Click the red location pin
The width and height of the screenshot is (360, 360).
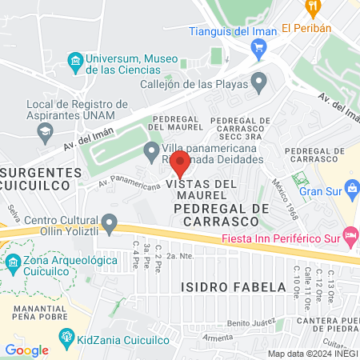pyautogui.click(x=181, y=162)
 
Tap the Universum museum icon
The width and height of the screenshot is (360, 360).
pyautogui.click(x=75, y=60)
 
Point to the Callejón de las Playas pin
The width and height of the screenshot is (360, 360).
pyautogui.click(x=258, y=82)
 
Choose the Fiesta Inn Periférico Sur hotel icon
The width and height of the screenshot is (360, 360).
pyautogui.click(x=350, y=234)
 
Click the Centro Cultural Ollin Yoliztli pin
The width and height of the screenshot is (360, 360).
pyautogui.click(x=110, y=222)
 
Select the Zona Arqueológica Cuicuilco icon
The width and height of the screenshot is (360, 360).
pyautogui.click(x=14, y=262)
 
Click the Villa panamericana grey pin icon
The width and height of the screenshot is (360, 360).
pyautogui.click(x=150, y=150)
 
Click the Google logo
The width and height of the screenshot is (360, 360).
pyautogui.click(x=26, y=350)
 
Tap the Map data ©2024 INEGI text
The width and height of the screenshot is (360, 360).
pyautogui.click(x=312, y=354)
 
